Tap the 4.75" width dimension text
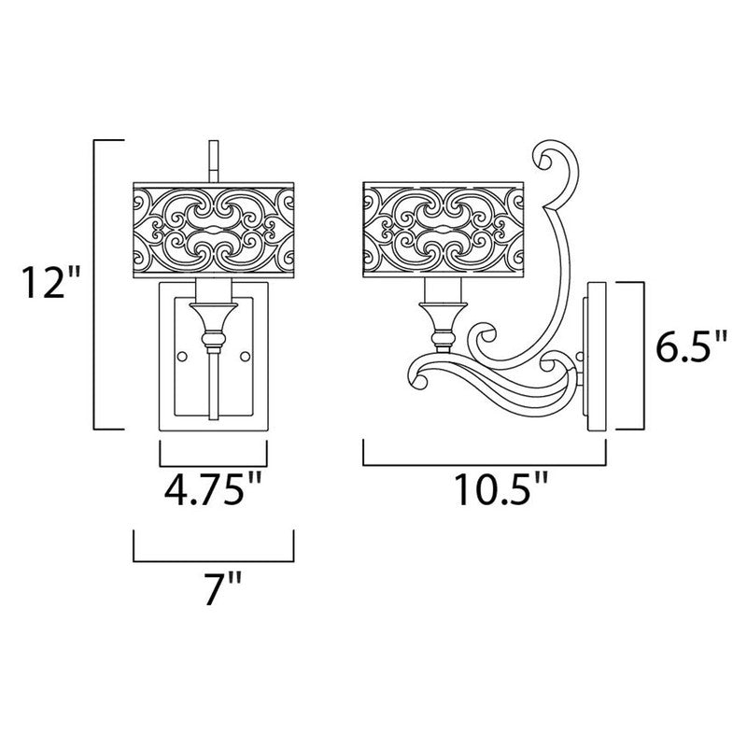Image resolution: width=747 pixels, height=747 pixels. point(213,488)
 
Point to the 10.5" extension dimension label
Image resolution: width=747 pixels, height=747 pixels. point(501,488)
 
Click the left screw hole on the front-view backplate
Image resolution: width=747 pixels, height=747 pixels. point(181,356)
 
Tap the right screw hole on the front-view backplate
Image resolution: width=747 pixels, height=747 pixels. point(245,356)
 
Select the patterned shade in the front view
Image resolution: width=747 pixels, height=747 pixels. point(214,230)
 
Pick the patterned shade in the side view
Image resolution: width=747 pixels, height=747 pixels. point(443,230)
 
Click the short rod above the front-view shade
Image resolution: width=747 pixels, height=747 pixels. point(214,161)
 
